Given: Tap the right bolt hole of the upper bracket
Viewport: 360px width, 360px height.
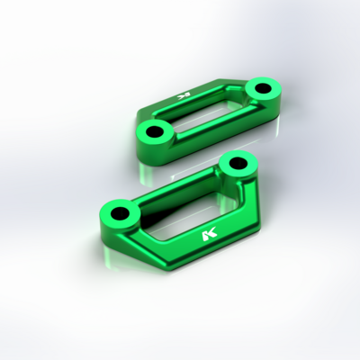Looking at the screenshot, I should point(264,88).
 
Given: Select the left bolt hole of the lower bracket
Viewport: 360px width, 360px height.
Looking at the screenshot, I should point(120,213).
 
